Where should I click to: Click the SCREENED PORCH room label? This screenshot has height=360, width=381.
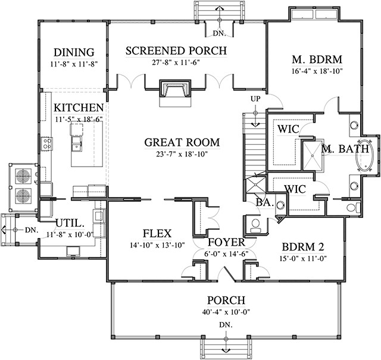click(x=176, y=51)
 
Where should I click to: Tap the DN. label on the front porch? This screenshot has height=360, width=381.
click(x=226, y=325)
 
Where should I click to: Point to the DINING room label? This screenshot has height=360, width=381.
click(x=74, y=51)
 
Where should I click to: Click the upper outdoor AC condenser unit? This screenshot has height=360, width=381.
click(x=23, y=175)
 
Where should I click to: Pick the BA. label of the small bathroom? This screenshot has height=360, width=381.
click(x=264, y=203)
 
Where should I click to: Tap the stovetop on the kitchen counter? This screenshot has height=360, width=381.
click(x=46, y=143)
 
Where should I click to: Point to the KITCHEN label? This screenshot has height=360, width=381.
click(x=79, y=108)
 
